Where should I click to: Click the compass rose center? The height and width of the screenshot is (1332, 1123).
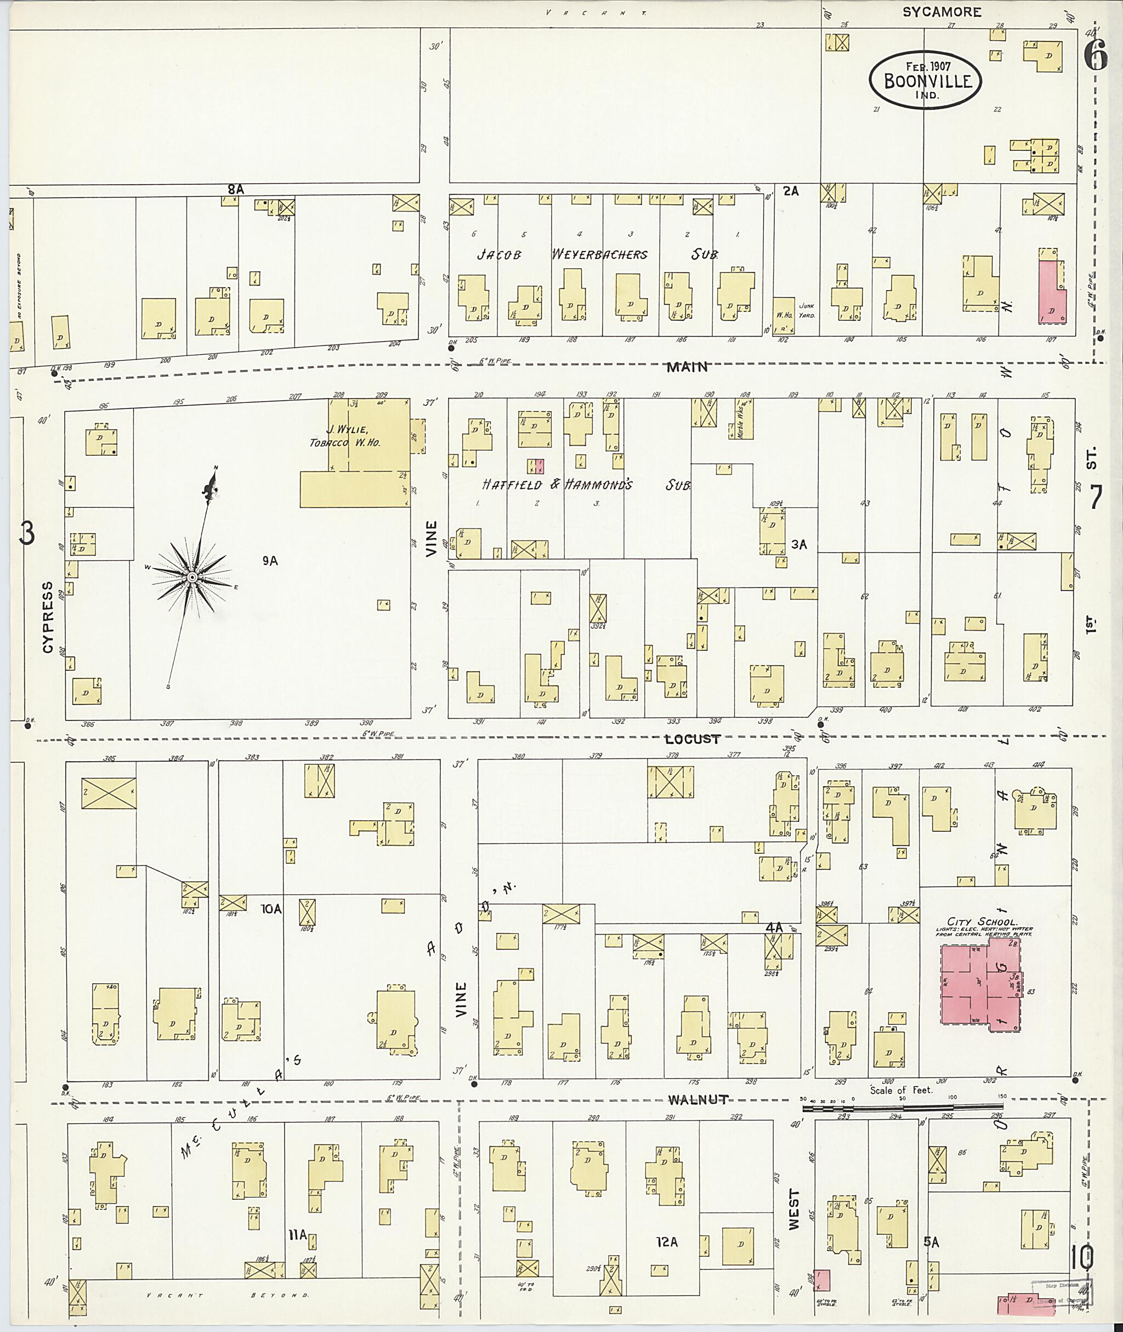191,577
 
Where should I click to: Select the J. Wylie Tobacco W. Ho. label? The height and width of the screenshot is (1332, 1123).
345,436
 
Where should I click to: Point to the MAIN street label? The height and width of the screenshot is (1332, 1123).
688,367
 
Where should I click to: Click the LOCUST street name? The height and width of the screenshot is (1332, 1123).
693,739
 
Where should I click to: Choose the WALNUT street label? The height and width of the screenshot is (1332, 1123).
699,1099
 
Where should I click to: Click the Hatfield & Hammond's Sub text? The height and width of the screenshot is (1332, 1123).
586,485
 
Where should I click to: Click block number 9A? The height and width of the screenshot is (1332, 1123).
270,560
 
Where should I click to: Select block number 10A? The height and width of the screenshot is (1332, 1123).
270,909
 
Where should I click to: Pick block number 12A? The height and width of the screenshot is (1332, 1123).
667,1242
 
